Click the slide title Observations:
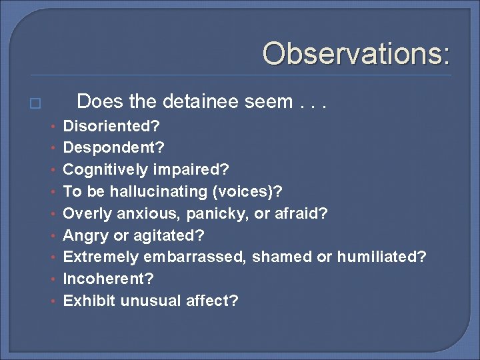[x=356, y=54]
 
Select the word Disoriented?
[x=111, y=126]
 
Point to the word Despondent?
[x=113, y=148]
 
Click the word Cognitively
[x=105, y=170]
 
